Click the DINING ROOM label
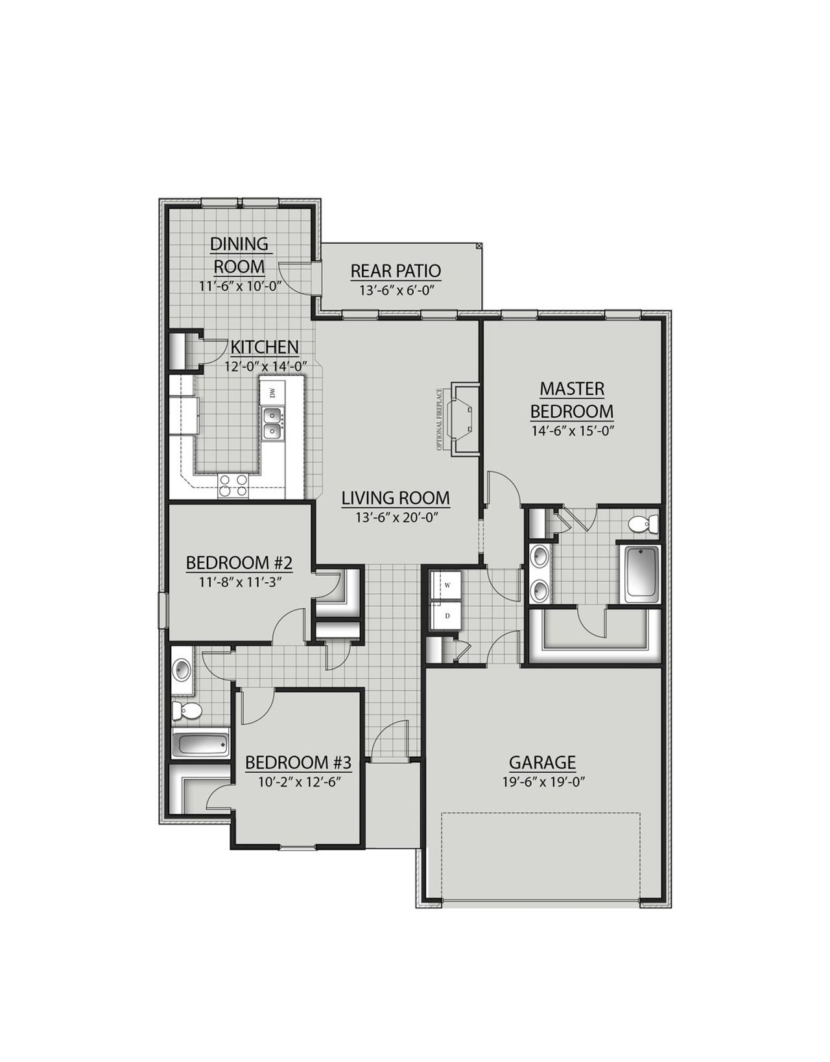pos(239,255)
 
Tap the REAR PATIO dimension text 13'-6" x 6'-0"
pos(396,290)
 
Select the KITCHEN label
pos(265,347)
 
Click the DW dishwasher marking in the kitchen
pos(272,392)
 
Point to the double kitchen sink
pos(273,423)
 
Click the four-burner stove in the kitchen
pos(233,486)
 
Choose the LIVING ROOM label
pos(396,498)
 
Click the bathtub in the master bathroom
pos(641,574)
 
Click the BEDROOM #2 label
pos(239,563)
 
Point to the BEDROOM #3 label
pos(298,762)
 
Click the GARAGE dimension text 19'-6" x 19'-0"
pos(543,781)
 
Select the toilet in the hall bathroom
pos(187,711)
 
